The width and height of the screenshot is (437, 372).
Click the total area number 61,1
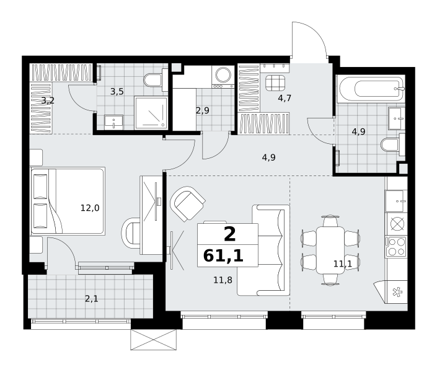(x=223, y=256)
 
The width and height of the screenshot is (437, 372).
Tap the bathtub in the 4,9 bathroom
(x=371, y=89)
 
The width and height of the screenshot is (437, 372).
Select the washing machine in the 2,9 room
(x=223, y=77)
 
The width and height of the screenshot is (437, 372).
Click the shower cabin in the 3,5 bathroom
(x=151, y=113)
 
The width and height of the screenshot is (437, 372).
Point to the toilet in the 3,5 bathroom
(x=156, y=80)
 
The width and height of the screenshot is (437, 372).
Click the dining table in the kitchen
(x=330, y=250)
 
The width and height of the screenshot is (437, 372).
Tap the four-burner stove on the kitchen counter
(x=395, y=247)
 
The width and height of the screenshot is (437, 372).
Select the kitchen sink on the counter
(x=395, y=201)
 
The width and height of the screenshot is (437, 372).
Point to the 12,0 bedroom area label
(x=90, y=208)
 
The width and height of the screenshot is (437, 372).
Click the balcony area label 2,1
(x=91, y=299)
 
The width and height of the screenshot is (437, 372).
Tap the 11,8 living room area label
(x=223, y=280)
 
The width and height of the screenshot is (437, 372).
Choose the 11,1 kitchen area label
(x=343, y=263)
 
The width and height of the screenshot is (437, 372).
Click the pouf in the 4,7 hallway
(x=275, y=83)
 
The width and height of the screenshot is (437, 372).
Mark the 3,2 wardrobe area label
(x=48, y=100)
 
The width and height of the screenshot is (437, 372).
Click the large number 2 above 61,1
(x=229, y=234)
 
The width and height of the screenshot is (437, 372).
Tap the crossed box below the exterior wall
(x=154, y=340)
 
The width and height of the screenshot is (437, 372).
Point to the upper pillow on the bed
(x=40, y=187)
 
